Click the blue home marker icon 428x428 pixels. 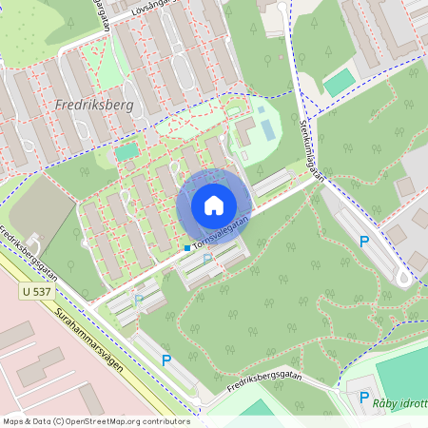[x=214, y=205]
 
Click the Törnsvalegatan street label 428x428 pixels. [x=220, y=231]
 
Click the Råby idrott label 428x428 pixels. [x=399, y=404]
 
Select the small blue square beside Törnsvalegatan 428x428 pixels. [x=186, y=247]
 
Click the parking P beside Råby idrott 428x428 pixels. [x=363, y=398]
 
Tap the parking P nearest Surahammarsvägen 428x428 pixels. [x=166, y=360]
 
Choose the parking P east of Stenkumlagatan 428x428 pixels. [x=363, y=243]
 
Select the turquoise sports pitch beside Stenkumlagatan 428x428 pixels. [x=339, y=83]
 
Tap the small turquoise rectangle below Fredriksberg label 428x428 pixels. [x=126, y=151]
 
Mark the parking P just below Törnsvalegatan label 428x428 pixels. [x=207, y=259]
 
